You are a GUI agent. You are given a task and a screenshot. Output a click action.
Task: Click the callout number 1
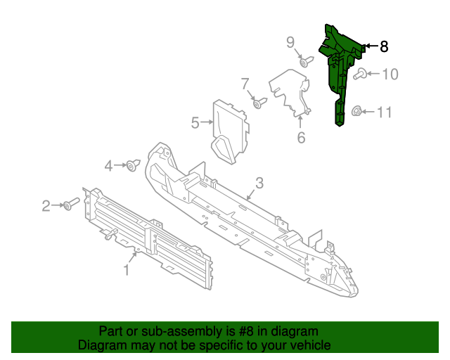(127, 269)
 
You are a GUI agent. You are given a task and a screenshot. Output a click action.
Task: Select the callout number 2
(46, 206)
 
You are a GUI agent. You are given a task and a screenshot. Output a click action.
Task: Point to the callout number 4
(108, 166)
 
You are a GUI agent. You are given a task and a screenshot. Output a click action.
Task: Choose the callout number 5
(195, 123)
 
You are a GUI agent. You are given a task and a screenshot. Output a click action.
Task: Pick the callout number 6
(301, 138)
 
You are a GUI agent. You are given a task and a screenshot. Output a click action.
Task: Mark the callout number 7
(245, 84)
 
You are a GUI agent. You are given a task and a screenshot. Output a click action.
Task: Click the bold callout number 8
(383, 46)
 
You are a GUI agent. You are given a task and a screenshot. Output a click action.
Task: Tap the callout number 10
(390, 73)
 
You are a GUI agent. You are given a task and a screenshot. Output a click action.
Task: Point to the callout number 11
(384, 112)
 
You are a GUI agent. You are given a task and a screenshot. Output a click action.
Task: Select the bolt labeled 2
(71, 205)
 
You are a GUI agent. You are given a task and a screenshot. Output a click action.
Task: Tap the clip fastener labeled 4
(131, 166)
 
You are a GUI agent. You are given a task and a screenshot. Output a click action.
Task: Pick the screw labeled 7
(259, 104)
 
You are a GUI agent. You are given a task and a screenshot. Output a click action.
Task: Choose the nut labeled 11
(357, 111)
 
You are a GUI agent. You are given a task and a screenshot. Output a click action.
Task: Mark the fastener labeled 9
(304, 63)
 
